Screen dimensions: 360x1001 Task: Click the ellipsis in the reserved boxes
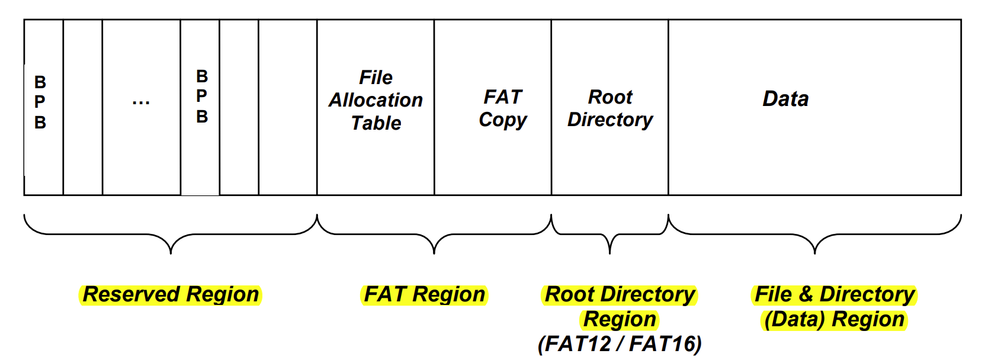click(141, 103)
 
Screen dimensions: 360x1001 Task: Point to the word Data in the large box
click(785, 99)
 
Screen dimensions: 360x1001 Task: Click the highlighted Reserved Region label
click(171, 294)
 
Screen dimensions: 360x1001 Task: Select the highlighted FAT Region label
click(424, 294)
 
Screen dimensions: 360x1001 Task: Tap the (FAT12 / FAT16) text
click(620, 343)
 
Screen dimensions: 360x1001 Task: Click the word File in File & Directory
click(773, 294)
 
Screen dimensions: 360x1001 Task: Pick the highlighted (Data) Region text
click(834, 319)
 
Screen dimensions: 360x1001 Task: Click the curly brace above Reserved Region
click(171, 237)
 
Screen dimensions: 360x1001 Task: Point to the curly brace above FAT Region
click(434, 237)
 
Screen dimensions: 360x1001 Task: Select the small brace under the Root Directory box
click(609, 237)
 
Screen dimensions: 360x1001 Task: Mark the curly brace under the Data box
click(815, 237)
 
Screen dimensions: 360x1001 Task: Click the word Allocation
click(376, 100)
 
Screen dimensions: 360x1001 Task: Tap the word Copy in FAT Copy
click(503, 120)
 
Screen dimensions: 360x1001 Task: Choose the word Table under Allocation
click(376, 123)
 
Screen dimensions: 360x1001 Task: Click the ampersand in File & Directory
click(806, 294)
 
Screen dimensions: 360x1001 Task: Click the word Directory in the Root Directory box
click(610, 120)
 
